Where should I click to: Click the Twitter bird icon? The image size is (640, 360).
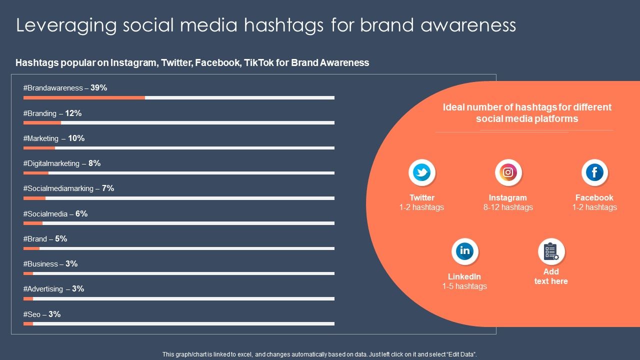(x=422, y=173)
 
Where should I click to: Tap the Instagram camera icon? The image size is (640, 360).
(x=508, y=173)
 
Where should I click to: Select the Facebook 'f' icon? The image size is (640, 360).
(x=594, y=173)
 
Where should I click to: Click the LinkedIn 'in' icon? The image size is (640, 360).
(x=465, y=251)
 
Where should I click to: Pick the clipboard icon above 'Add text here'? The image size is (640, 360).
(x=551, y=251)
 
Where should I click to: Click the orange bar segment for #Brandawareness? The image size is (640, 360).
(x=84, y=98)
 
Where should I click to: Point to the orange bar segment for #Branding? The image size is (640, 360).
(x=42, y=122)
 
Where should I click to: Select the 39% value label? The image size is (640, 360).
(x=99, y=88)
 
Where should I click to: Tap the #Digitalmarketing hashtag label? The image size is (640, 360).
(x=51, y=163)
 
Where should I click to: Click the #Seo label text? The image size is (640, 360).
(x=32, y=314)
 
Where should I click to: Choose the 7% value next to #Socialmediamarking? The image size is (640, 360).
(x=108, y=188)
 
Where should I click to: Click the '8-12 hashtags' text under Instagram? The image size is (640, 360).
(x=508, y=207)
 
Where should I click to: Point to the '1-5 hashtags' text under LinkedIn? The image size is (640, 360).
(x=464, y=286)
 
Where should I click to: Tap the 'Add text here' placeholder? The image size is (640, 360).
(x=551, y=276)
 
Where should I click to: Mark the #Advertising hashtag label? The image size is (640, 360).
(x=43, y=289)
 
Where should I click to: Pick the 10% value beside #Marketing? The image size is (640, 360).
(x=76, y=138)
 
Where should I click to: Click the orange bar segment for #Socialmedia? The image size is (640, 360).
(x=33, y=223)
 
